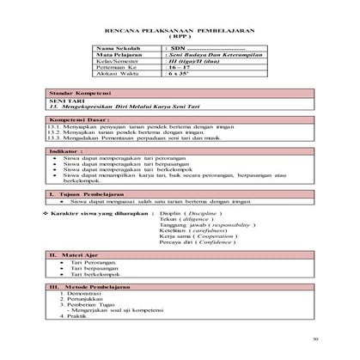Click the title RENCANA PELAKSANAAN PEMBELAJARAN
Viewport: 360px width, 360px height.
point(180,29)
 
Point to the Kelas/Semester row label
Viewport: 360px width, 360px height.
point(121,64)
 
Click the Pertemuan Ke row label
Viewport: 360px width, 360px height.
point(118,70)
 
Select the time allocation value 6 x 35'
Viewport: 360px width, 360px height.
point(177,77)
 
